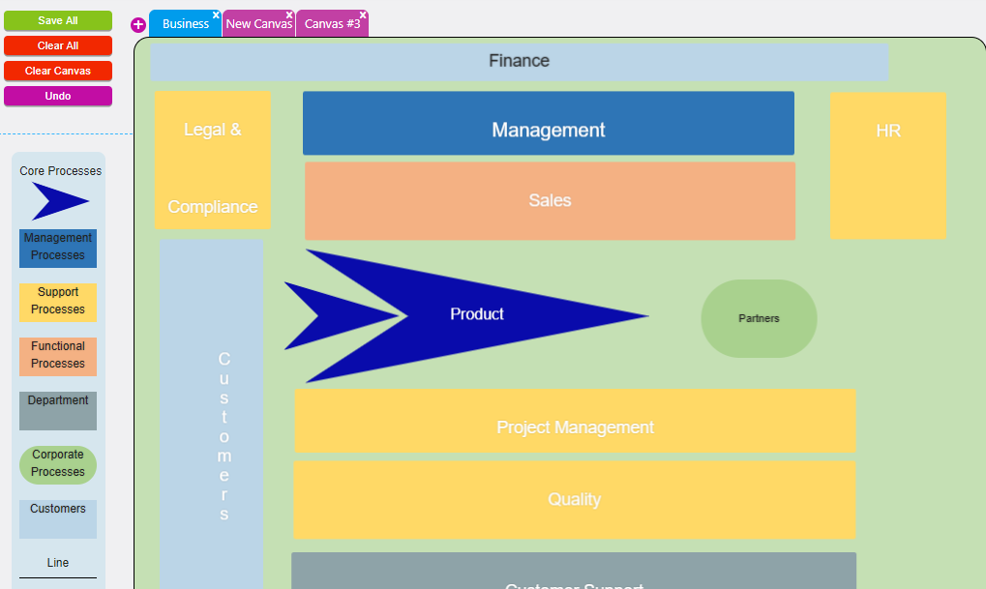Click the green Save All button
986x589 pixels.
click(x=58, y=20)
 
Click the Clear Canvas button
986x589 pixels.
click(x=58, y=71)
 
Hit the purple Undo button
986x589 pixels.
click(x=58, y=96)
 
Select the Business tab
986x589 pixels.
click(x=185, y=24)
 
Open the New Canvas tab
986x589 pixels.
click(x=258, y=24)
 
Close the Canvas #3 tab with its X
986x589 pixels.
click(x=363, y=15)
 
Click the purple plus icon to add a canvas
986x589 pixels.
click(x=138, y=25)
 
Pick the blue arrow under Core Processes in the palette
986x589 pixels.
click(x=60, y=201)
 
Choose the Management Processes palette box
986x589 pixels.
click(x=58, y=248)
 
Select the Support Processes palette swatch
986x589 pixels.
click(x=58, y=302)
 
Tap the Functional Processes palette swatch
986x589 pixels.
click(x=58, y=356)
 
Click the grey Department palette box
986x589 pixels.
click(x=58, y=410)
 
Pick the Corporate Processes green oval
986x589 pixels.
click(x=58, y=464)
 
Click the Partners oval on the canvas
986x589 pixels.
click(x=759, y=318)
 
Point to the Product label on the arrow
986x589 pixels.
click(x=477, y=314)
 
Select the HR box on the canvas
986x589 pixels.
click(x=887, y=164)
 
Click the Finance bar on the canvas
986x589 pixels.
click(x=519, y=61)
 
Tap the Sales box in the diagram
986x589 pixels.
click(x=550, y=201)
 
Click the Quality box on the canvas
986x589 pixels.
click(x=574, y=500)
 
